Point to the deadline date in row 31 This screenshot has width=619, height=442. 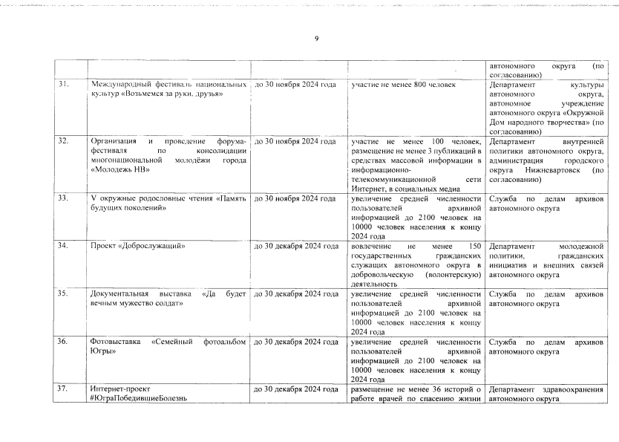pos(295,85)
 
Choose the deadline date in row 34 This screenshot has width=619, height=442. pos(297,245)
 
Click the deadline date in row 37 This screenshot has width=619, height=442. pos(297,389)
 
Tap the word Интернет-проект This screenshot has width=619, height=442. pos(120,389)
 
